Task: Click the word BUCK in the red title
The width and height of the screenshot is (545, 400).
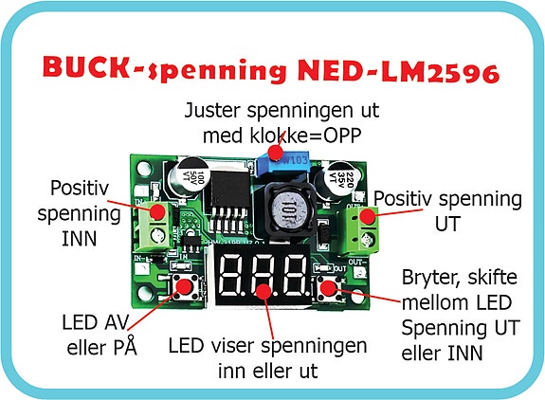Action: click(x=87, y=66)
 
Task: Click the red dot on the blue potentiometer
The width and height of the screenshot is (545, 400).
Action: click(x=276, y=152)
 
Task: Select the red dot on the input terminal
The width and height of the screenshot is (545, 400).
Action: click(x=157, y=212)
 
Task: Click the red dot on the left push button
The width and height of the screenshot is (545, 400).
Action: click(x=184, y=286)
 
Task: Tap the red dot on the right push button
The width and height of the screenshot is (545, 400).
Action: click(x=328, y=287)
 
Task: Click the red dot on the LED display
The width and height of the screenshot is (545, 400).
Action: click(x=263, y=291)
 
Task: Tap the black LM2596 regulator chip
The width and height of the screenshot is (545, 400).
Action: click(x=227, y=194)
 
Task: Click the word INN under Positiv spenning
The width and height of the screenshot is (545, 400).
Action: click(x=80, y=239)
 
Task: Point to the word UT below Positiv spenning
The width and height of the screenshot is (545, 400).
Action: click(x=447, y=224)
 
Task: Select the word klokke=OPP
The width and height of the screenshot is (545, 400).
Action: click(x=306, y=136)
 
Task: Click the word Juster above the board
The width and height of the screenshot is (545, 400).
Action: click(x=212, y=111)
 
